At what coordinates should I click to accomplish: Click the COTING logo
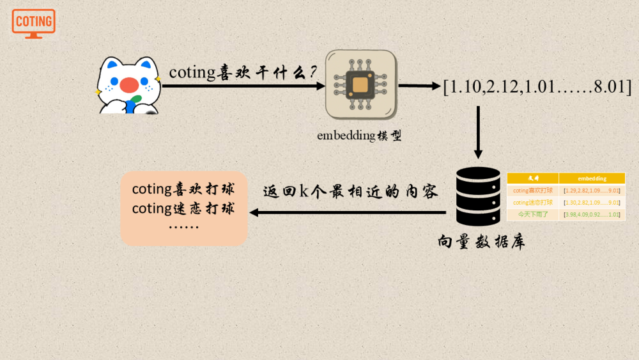[x=33, y=22]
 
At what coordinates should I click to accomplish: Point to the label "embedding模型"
[x=359, y=136]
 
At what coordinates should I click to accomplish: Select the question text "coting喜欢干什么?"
[x=243, y=72]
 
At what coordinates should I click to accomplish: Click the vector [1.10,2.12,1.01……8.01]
[x=537, y=86]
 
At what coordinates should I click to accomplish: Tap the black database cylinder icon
[x=478, y=196]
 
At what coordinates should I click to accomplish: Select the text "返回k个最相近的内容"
[x=350, y=192]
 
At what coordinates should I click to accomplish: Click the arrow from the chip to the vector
[x=419, y=85]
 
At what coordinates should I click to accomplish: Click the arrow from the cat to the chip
[x=243, y=85]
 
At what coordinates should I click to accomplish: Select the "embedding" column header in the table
[x=592, y=178]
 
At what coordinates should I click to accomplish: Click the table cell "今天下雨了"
[x=533, y=214]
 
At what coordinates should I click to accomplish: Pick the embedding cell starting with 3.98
[x=592, y=214]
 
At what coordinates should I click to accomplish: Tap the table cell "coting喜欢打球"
[x=533, y=191]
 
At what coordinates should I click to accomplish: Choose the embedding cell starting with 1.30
[x=592, y=203]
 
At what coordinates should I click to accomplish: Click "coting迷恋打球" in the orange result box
[x=183, y=208]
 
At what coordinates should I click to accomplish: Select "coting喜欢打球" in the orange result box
[x=183, y=189]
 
